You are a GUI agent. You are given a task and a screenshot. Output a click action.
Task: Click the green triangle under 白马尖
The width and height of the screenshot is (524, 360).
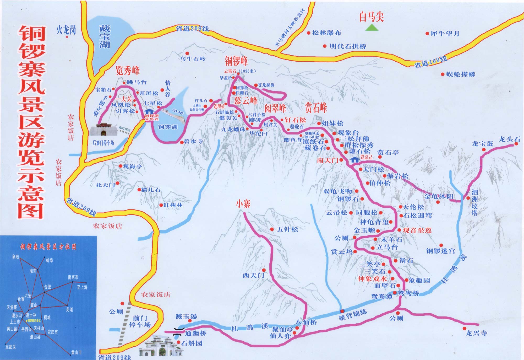(x=371, y=28)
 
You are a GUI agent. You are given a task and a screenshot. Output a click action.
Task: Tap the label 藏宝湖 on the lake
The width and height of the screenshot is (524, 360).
(x=105, y=37)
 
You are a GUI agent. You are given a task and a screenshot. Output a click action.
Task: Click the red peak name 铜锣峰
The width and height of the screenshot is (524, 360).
(x=236, y=61)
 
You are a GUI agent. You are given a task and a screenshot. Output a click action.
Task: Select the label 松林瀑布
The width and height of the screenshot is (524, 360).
(x=326, y=33)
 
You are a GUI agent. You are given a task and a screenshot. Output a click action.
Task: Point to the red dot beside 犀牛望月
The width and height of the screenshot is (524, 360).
(x=427, y=34)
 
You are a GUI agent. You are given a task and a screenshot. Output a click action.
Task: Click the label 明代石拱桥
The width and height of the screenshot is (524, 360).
(x=348, y=46)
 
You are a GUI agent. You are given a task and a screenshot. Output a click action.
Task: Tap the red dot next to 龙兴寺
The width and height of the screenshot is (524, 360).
(x=465, y=329)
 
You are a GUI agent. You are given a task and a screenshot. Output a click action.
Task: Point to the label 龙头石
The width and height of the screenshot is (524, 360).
(x=509, y=139)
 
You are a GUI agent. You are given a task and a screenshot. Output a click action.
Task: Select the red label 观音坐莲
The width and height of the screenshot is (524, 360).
(x=417, y=230)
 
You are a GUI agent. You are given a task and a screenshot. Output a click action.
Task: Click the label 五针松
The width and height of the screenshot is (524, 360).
(x=287, y=229)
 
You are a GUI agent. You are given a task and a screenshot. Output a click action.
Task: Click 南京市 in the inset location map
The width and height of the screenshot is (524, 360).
(x=73, y=277)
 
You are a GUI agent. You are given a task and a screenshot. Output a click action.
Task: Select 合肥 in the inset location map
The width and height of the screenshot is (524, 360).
(x=48, y=287)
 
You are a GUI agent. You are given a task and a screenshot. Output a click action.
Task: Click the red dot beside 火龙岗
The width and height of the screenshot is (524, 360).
(x=67, y=37)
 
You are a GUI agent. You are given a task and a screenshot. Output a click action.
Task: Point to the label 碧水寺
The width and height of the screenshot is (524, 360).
(x=193, y=142)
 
